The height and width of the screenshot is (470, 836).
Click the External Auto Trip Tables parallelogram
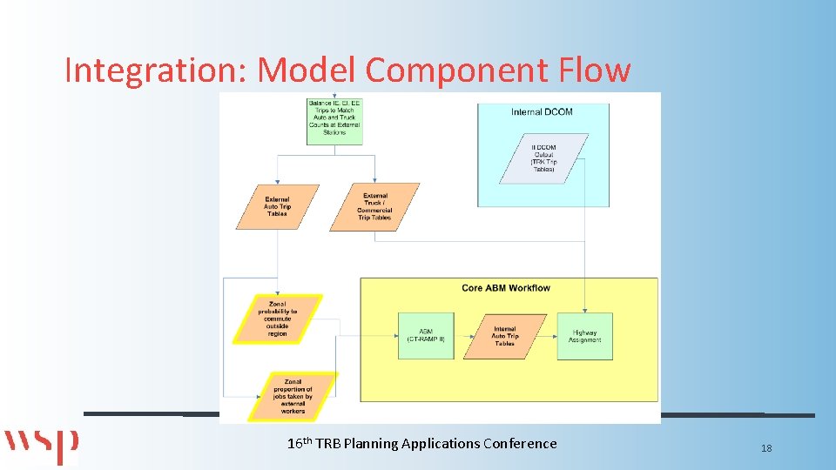click(277, 207)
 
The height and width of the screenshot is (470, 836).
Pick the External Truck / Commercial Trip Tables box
click(374, 207)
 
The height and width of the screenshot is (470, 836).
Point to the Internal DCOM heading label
click(543, 112)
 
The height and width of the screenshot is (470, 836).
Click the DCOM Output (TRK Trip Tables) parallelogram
click(543, 158)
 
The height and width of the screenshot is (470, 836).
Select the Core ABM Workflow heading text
click(506, 288)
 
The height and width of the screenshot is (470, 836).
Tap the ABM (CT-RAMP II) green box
click(426, 336)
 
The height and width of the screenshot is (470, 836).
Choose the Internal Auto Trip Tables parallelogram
click(504, 336)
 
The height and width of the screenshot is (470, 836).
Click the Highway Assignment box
click(584, 336)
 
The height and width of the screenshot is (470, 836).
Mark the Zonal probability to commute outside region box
click(277, 319)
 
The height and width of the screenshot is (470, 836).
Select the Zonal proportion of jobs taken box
click(292, 396)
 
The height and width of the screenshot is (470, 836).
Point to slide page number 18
click(766, 448)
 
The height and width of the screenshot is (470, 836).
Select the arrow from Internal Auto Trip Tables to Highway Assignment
click(551, 336)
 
